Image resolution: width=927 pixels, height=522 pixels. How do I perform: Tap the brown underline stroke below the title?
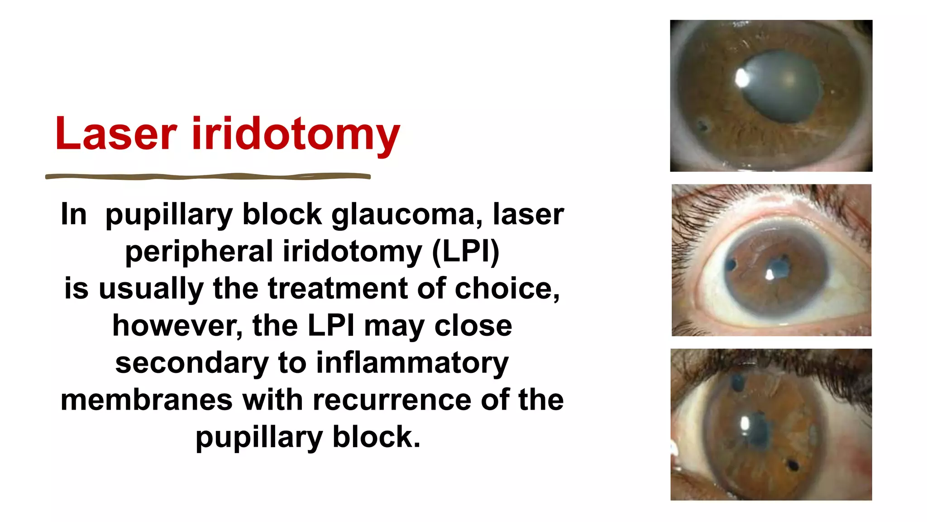coord(208,176)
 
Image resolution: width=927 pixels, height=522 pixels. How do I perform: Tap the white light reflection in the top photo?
coord(741,78)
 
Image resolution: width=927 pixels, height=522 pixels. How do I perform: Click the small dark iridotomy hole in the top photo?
coord(702,125)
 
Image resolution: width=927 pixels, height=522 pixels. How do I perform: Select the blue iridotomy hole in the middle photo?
coord(730,264)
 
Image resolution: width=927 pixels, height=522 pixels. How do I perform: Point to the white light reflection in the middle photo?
coord(769,274)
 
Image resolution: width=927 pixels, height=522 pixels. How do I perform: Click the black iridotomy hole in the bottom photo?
coord(793,465)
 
